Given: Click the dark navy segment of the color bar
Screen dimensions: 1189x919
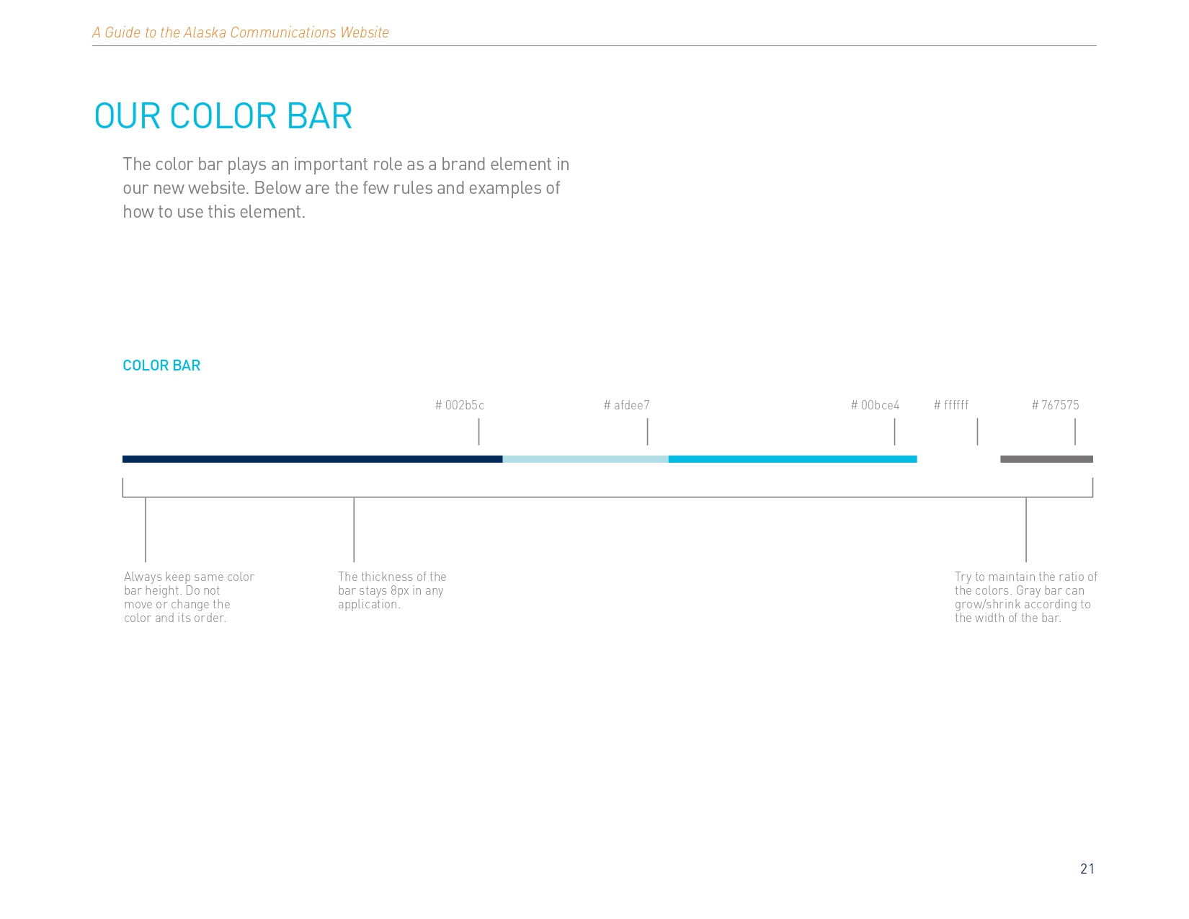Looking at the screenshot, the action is (x=313, y=459).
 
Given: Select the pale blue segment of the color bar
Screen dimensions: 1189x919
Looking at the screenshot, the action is (x=585, y=459).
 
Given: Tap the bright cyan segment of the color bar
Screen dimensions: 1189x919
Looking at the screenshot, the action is (x=793, y=459).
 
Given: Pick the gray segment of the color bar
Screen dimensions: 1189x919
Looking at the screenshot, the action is (x=1047, y=459).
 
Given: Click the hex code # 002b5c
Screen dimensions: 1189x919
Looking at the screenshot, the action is (x=460, y=405).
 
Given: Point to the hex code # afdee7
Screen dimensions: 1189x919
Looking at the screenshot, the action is (x=626, y=405).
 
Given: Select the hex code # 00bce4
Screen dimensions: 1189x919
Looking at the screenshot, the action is (x=875, y=405).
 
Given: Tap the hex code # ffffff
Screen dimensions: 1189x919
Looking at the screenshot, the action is (x=951, y=405).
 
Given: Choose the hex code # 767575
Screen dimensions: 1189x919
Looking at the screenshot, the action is (x=1055, y=405).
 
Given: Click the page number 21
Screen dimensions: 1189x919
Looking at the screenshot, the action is (x=1087, y=869).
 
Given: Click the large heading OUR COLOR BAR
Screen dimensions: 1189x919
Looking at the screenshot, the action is (x=223, y=116).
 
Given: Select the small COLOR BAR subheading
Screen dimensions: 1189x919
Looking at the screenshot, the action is (x=161, y=365).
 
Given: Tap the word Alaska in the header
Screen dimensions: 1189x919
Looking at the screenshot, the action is (x=205, y=32).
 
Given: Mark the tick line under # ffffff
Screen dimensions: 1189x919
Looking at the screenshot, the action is (x=977, y=432).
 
